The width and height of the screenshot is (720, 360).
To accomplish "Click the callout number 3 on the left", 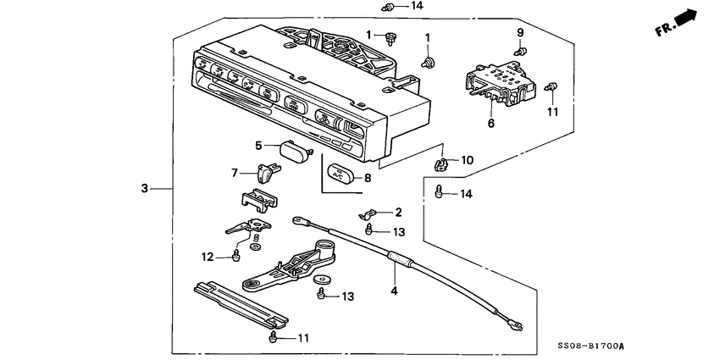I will click(145, 187).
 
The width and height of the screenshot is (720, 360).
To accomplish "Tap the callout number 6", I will click(490, 123).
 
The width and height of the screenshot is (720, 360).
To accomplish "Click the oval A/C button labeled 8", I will click(339, 176).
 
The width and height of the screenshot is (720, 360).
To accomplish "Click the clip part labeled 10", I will click(441, 160).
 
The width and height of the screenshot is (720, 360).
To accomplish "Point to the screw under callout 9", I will click(521, 50).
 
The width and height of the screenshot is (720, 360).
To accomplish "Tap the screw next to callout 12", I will click(237, 255).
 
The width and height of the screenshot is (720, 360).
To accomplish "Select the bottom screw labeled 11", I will click(273, 338).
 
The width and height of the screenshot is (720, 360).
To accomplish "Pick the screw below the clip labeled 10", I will click(440, 191).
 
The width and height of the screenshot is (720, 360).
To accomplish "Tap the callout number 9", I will click(520, 32).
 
